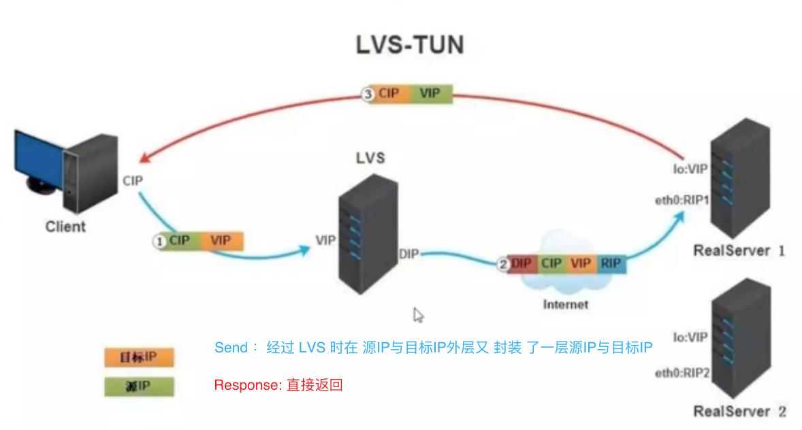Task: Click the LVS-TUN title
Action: click(410, 45)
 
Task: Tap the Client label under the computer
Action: click(66, 227)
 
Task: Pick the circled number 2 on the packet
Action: click(503, 265)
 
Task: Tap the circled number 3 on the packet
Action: click(368, 94)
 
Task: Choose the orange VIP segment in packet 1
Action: click(221, 241)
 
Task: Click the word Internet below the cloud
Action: click(565, 304)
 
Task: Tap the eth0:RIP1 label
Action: click(681, 200)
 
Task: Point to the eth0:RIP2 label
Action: click(681, 373)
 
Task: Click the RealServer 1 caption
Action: click(739, 250)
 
